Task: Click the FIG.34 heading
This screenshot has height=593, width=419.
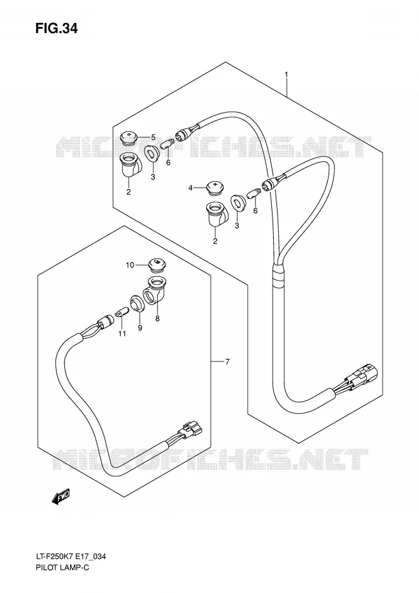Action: tap(56, 28)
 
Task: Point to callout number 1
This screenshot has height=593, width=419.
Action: tap(287, 75)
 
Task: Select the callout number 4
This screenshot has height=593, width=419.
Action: tap(191, 187)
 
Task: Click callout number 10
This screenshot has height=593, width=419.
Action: tap(130, 265)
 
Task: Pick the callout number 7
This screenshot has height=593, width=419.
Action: tap(227, 362)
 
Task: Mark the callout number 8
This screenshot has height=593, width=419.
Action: tap(157, 318)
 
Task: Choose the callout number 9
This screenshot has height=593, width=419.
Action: tap(140, 328)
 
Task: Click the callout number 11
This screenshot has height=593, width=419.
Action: tap(122, 333)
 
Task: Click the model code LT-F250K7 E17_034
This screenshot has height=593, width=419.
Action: tap(68, 566)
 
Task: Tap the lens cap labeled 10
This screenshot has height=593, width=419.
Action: tap(155, 265)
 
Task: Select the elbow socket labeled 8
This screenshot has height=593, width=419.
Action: tap(154, 289)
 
